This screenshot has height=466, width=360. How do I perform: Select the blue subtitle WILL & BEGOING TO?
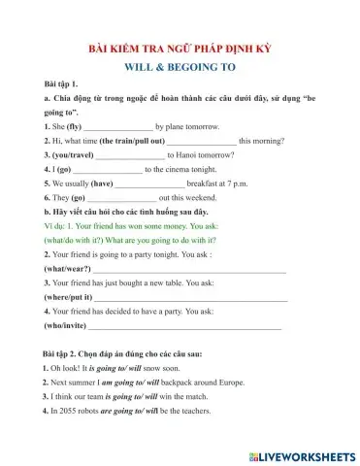pos(181,67)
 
